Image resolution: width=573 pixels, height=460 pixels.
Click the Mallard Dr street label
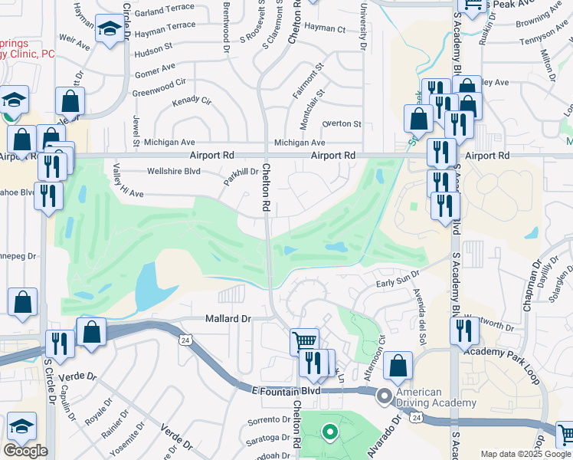[x=228, y=318]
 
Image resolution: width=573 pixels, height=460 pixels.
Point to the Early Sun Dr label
[x=398, y=279]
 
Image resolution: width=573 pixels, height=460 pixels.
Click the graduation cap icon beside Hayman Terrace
[x=109, y=31]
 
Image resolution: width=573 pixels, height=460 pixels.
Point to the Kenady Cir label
[x=192, y=101]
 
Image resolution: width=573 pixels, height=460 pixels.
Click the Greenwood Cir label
[x=159, y=83]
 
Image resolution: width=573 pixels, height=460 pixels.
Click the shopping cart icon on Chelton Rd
[x=304, y=340]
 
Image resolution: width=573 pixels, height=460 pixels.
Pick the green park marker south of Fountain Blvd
[x=330, y=433]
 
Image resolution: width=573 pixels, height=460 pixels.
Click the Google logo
[x=26, y=451]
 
